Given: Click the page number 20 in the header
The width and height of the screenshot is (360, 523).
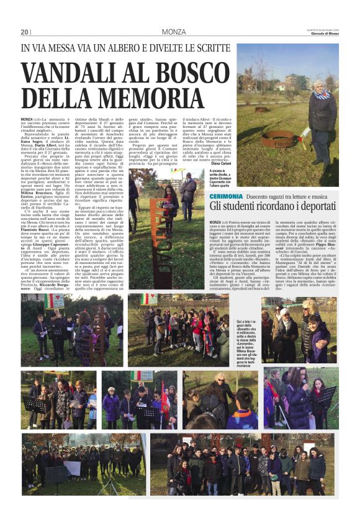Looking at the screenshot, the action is (x=25, y=32).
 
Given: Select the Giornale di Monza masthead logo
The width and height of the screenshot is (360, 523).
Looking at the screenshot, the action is (x=323, y=33).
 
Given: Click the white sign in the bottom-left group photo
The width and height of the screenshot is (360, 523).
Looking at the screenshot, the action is (x=73, y=467).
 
